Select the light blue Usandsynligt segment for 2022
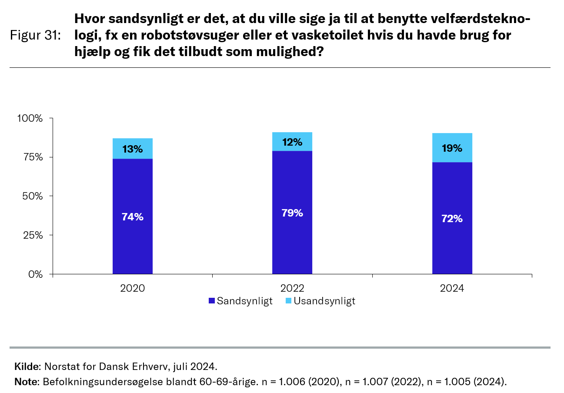coord(292,137)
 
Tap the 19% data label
coord(452,148)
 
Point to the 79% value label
coord(292,213)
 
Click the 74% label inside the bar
coord(132,217)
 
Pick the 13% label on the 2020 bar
coord(132,149)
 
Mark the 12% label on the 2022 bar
coord(292,142)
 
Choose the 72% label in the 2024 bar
coord(452,219)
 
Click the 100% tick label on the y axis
coord(30,118)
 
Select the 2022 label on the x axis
coord(292,288)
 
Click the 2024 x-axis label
coord(452,288)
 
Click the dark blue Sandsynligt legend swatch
coord(212,301)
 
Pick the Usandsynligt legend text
coord(324,301)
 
